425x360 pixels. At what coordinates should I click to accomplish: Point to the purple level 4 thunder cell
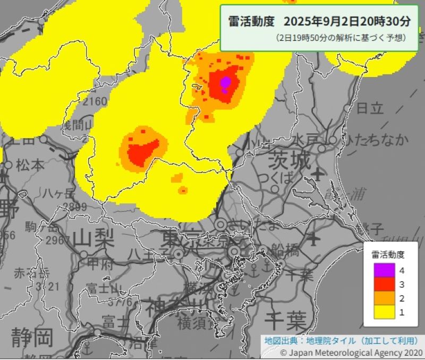[225, 82]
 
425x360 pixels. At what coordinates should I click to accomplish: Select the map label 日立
[370, 108]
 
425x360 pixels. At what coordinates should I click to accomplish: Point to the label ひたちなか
[377, 140]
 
